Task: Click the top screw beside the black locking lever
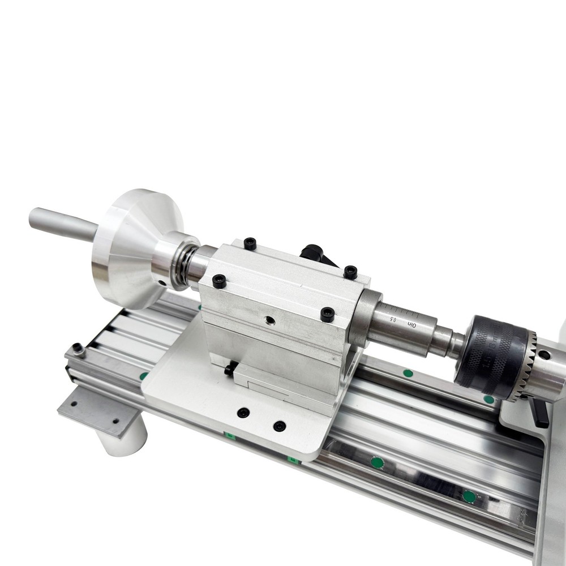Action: (250, 243)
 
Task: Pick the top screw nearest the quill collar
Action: (350, 272)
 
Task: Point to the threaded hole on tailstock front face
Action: (271, 321)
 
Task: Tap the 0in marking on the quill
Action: (413, 324)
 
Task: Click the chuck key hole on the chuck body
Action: (544, 355)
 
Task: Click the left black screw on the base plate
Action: (243, 413)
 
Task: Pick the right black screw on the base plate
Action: (279, 426)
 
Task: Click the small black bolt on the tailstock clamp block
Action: (229, 370)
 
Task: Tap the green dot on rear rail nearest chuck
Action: (488, 399)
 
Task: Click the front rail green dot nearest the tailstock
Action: (378, 462)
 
